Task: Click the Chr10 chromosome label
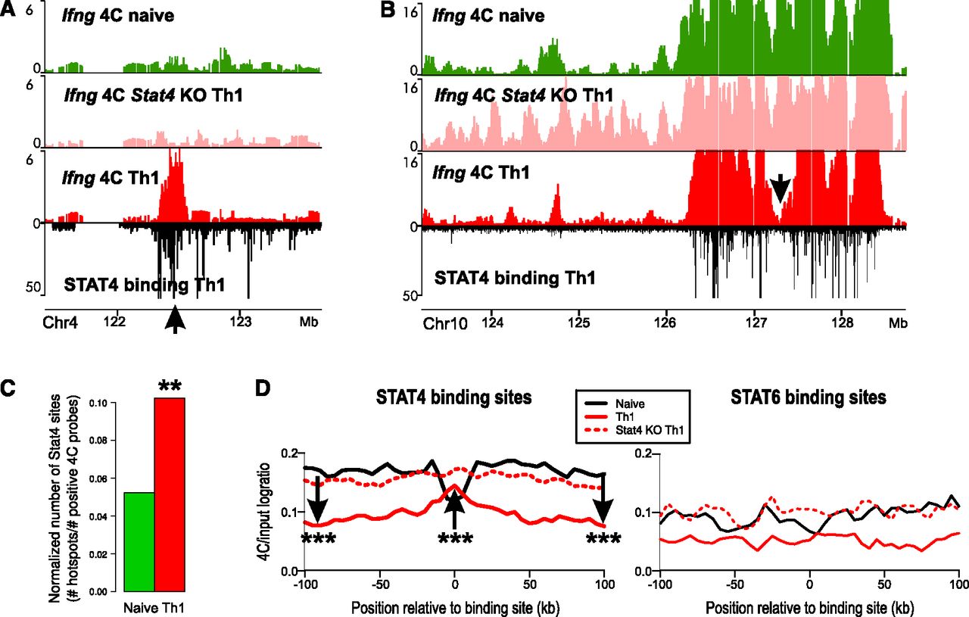click(445, 324)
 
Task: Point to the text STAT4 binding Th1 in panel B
click(515, 278)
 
